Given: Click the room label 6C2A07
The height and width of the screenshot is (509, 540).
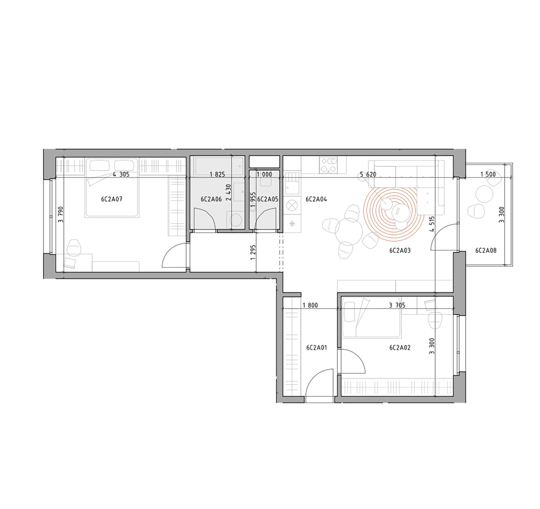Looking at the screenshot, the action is [112, 199].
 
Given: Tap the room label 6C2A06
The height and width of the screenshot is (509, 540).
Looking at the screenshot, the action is [211, 200].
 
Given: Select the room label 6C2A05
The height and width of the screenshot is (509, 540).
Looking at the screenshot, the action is [267, 200].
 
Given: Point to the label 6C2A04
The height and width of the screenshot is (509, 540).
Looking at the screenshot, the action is [316, 199].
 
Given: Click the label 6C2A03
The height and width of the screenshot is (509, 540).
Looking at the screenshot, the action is [400, 251].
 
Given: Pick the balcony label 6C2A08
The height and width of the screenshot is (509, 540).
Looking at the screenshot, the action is [486, 251].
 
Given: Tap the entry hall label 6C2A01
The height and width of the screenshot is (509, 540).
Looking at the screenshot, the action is [316, 347].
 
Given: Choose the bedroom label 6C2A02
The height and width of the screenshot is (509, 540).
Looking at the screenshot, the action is [400, 347].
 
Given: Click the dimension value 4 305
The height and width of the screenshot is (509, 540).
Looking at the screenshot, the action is [121, 174].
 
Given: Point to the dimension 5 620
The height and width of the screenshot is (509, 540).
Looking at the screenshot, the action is [368, 174].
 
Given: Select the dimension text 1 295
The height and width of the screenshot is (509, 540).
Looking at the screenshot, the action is [254, 252].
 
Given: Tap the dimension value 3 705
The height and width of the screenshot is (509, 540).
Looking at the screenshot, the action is [397, 305].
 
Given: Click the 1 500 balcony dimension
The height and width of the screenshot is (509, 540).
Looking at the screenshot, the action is [488, 174].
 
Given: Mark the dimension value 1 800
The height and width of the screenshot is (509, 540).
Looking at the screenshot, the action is [310, 305].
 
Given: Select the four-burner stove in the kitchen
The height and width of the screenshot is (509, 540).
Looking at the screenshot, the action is [328, 165].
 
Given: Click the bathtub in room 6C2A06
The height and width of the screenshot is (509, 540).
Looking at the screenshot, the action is [218, 166].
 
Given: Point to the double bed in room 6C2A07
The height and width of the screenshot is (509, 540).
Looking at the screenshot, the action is [112, 188].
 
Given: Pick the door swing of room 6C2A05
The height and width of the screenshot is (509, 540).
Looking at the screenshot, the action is [265, 219].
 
